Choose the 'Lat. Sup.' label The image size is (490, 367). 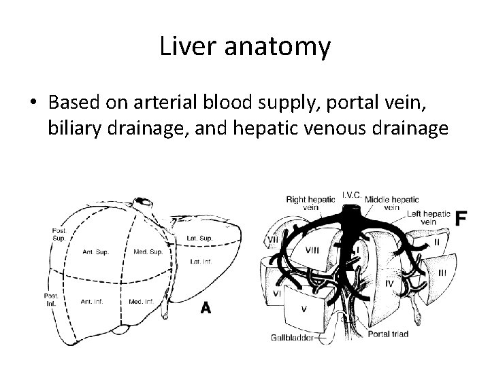(199, 238)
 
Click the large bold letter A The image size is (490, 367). (205, 308)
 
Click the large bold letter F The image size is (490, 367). (461, 218)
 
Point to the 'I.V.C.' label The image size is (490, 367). (351, 194)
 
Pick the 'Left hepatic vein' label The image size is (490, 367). (429, 217)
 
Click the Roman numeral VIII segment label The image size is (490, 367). (312, 251)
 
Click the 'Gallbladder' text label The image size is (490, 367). (291, 336)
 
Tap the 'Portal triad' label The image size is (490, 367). (387, 334)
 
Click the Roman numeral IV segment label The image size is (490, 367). (389, 281)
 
